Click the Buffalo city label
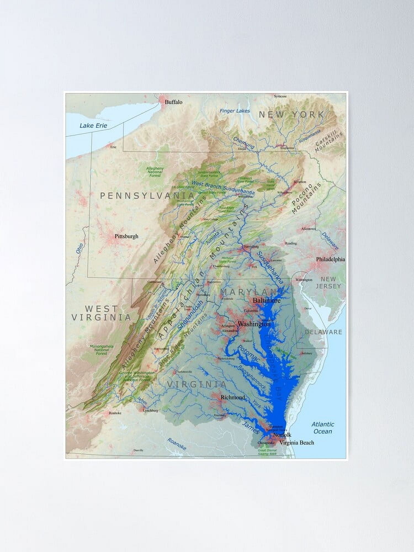click(x=173, y=102)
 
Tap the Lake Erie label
click(x=93, y=126)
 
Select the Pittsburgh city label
click(x=126, y=236)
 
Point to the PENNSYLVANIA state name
click(x=147, y=196)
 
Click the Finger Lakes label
click(x=235, y=111)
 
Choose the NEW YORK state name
click(x=291, y=115)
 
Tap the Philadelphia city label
click(x=330, y=259)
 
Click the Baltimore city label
click(x=267, y=300)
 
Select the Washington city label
click(x=254, y=324)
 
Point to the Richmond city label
click(x=233, y=397)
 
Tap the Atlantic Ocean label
click(x=323, y=428)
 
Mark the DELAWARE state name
click(x=323, y=332)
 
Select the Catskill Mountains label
click(x=329, y=142)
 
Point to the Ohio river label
click(x=79, y=249)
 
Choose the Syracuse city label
click(x=280, y=96)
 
